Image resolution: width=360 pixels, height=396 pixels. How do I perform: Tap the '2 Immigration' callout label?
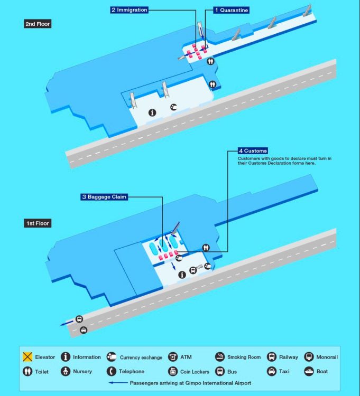click(128, 10)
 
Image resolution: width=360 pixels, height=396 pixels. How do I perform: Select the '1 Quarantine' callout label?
click(231, 10)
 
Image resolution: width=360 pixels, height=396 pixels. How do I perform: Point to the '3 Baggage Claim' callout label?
click(104, 197)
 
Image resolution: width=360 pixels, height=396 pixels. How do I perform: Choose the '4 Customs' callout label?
click(252, 150)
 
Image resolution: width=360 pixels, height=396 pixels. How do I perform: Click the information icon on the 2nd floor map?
click(153, 112)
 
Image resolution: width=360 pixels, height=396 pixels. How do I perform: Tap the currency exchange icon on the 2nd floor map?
click(173, 107)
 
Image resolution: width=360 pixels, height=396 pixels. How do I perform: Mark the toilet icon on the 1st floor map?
click(206, 247)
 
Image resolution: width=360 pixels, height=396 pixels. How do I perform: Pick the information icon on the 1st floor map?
click(182, 274)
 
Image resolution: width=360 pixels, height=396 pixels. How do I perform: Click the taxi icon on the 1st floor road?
click(83, 330)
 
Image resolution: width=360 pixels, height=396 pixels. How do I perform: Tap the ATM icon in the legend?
click(172, 357)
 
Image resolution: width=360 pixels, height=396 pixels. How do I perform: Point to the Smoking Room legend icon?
click(220, 357)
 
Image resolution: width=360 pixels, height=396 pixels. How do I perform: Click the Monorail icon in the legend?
click(309, 357)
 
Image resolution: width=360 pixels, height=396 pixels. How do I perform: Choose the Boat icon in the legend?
click(309, 371)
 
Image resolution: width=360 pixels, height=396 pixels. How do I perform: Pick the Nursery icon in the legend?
click(66, 371)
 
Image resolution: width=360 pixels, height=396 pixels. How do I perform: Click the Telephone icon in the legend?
click(111, 371)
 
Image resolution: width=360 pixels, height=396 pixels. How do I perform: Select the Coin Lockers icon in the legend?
click(172, 371)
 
